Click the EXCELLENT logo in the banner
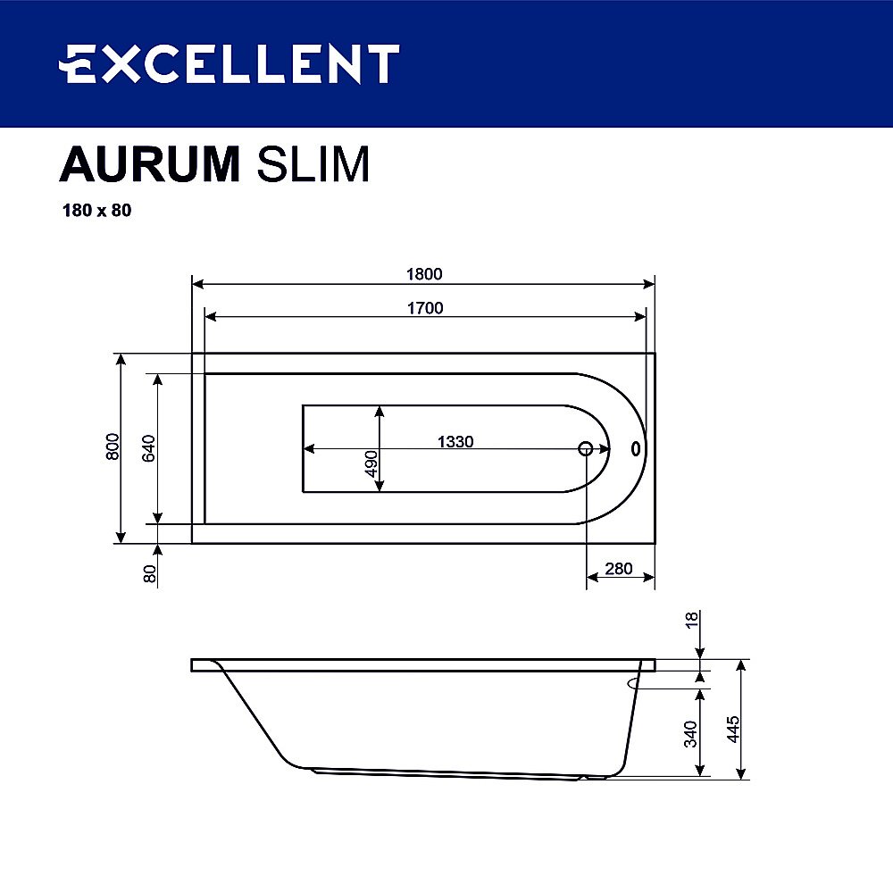229,64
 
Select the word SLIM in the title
313,164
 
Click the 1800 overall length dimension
425,274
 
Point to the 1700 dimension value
425,308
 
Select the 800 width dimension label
113,446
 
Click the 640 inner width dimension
148,447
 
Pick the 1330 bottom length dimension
455,441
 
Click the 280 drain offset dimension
618,569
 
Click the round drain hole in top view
586,448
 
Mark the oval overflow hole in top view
636,448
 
